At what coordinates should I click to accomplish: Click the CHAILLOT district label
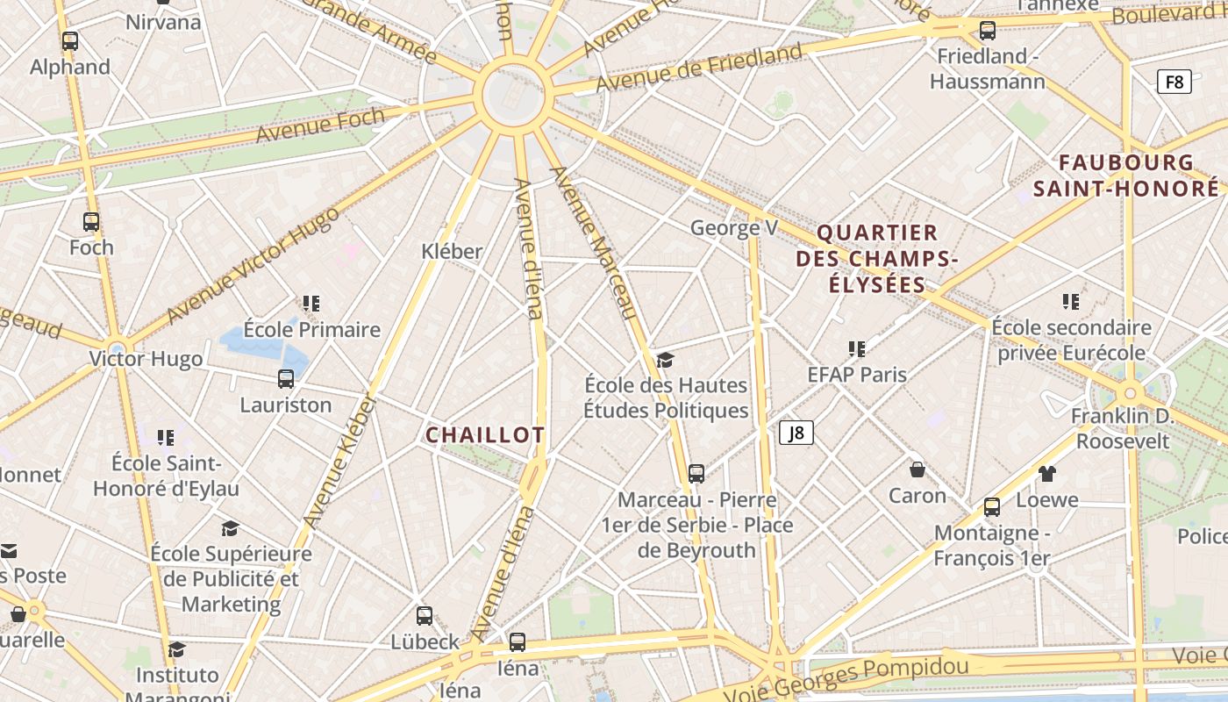pyautogui.click(x=485, y=435)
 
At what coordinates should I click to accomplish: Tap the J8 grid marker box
pyautogui.click(x=796, y=433)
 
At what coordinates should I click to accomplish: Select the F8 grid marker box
pyautogui.click(x=1174, y=82)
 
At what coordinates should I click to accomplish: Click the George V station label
pyautogui.click(x=734, y=228)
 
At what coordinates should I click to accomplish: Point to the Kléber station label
pyautogui.click(x=452, y=251)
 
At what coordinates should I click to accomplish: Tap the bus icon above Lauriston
pyautogui.click(x=286, y=379)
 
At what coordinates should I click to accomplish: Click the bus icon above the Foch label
pyautogui.click(x=91, y=222)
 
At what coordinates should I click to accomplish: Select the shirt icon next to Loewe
pyautogui.click(x=1047, y=474)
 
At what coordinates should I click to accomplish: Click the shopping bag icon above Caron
pyautogui.click(x=917, y=469)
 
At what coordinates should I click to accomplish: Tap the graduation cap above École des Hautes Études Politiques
pyautogui.click(x=666, y=360)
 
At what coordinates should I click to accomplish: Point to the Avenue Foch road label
pyautogui.click(x=320, y=125)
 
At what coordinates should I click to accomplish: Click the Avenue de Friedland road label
pyautogui.click(x=699, y=67)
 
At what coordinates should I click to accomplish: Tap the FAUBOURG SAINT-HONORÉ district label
pyautogui.click(x=1126, y=175)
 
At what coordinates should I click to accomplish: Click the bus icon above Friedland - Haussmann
pyautogui.click(x=988, y=31)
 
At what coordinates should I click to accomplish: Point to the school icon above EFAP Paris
pyautogui.click(x=857, y=349)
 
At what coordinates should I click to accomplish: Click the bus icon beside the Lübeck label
pyautogui.click(x=425, y=616)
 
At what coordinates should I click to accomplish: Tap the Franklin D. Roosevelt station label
pyautogui.click(x=1123, y=427)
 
